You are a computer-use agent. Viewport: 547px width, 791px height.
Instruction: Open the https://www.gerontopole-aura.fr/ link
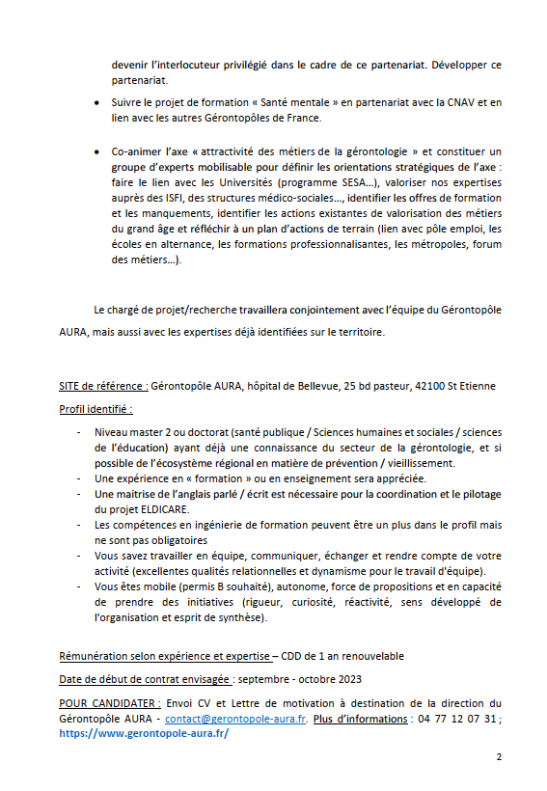click(144, 733)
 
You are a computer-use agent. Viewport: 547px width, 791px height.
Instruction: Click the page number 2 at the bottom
click(499, 757)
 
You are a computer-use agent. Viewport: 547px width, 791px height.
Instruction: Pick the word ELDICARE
click(167, 508)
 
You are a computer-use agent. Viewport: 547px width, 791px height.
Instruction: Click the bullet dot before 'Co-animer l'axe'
click(99, 151)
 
